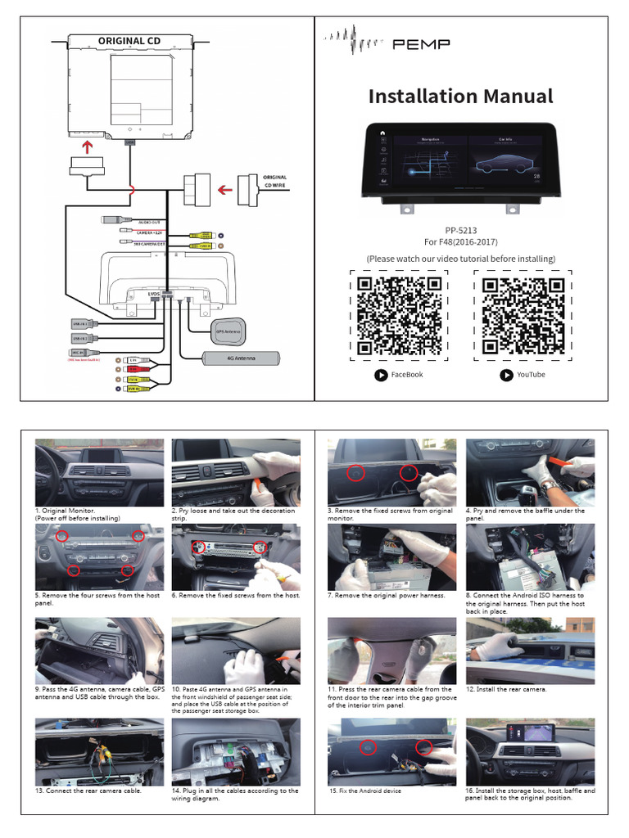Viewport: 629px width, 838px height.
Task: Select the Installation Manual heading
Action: (x=460, y=97)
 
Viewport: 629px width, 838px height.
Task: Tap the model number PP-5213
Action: (x=460, y=230)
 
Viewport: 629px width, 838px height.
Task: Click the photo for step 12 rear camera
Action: (x=530, y=651)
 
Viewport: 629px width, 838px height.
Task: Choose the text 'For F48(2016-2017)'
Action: (x=460, y=242)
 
